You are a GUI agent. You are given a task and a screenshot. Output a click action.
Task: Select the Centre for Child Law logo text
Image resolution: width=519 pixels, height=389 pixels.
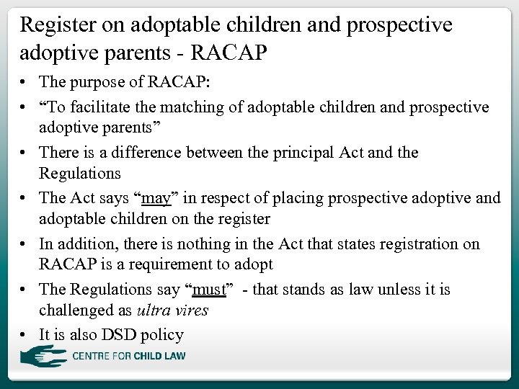pos(128,356)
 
